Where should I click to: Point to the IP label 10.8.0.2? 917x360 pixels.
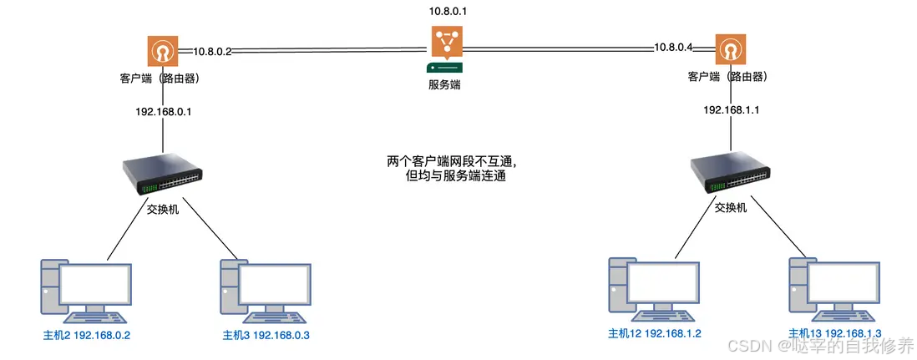[x=212, y=51]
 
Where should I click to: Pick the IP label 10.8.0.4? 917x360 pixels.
[x=673, y=48]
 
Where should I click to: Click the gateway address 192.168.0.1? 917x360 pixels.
[x=164, y=111]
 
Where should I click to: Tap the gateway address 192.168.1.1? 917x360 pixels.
[x=732, y=109]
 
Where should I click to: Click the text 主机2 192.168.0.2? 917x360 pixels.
[x=87, y=335]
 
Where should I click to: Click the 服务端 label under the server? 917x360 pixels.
[x=445, y=84]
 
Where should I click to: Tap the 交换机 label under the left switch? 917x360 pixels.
[x=162, y=209]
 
